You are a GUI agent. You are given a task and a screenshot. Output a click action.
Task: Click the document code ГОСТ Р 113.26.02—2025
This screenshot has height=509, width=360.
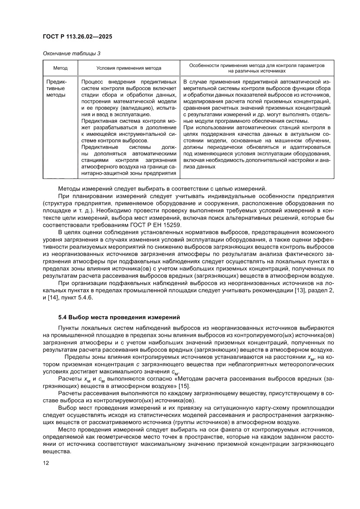click(77, 37)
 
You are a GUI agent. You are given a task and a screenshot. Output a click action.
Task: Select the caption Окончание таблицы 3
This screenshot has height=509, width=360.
click(71, 54)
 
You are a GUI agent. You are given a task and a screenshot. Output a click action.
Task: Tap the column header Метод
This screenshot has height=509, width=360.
click(60, 68)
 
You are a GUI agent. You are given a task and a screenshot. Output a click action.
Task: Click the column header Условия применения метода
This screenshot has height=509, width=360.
click(129, 68)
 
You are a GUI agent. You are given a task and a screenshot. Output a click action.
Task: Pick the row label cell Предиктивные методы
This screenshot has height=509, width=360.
click(56, 88)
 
